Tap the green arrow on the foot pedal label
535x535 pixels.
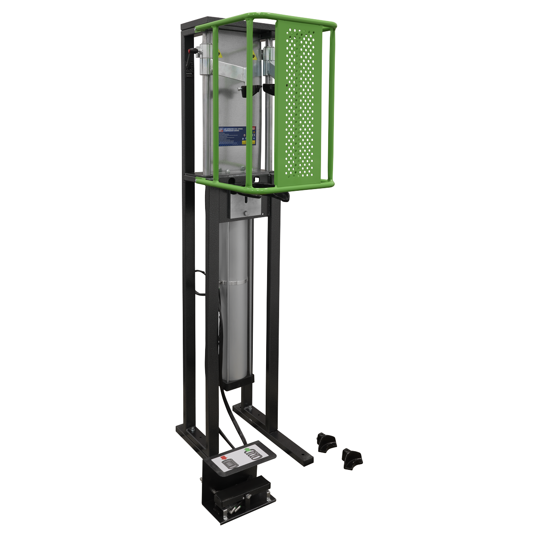click(248, 449)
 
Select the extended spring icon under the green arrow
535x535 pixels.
click(254, 455)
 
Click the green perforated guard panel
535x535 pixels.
click(297, 107)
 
